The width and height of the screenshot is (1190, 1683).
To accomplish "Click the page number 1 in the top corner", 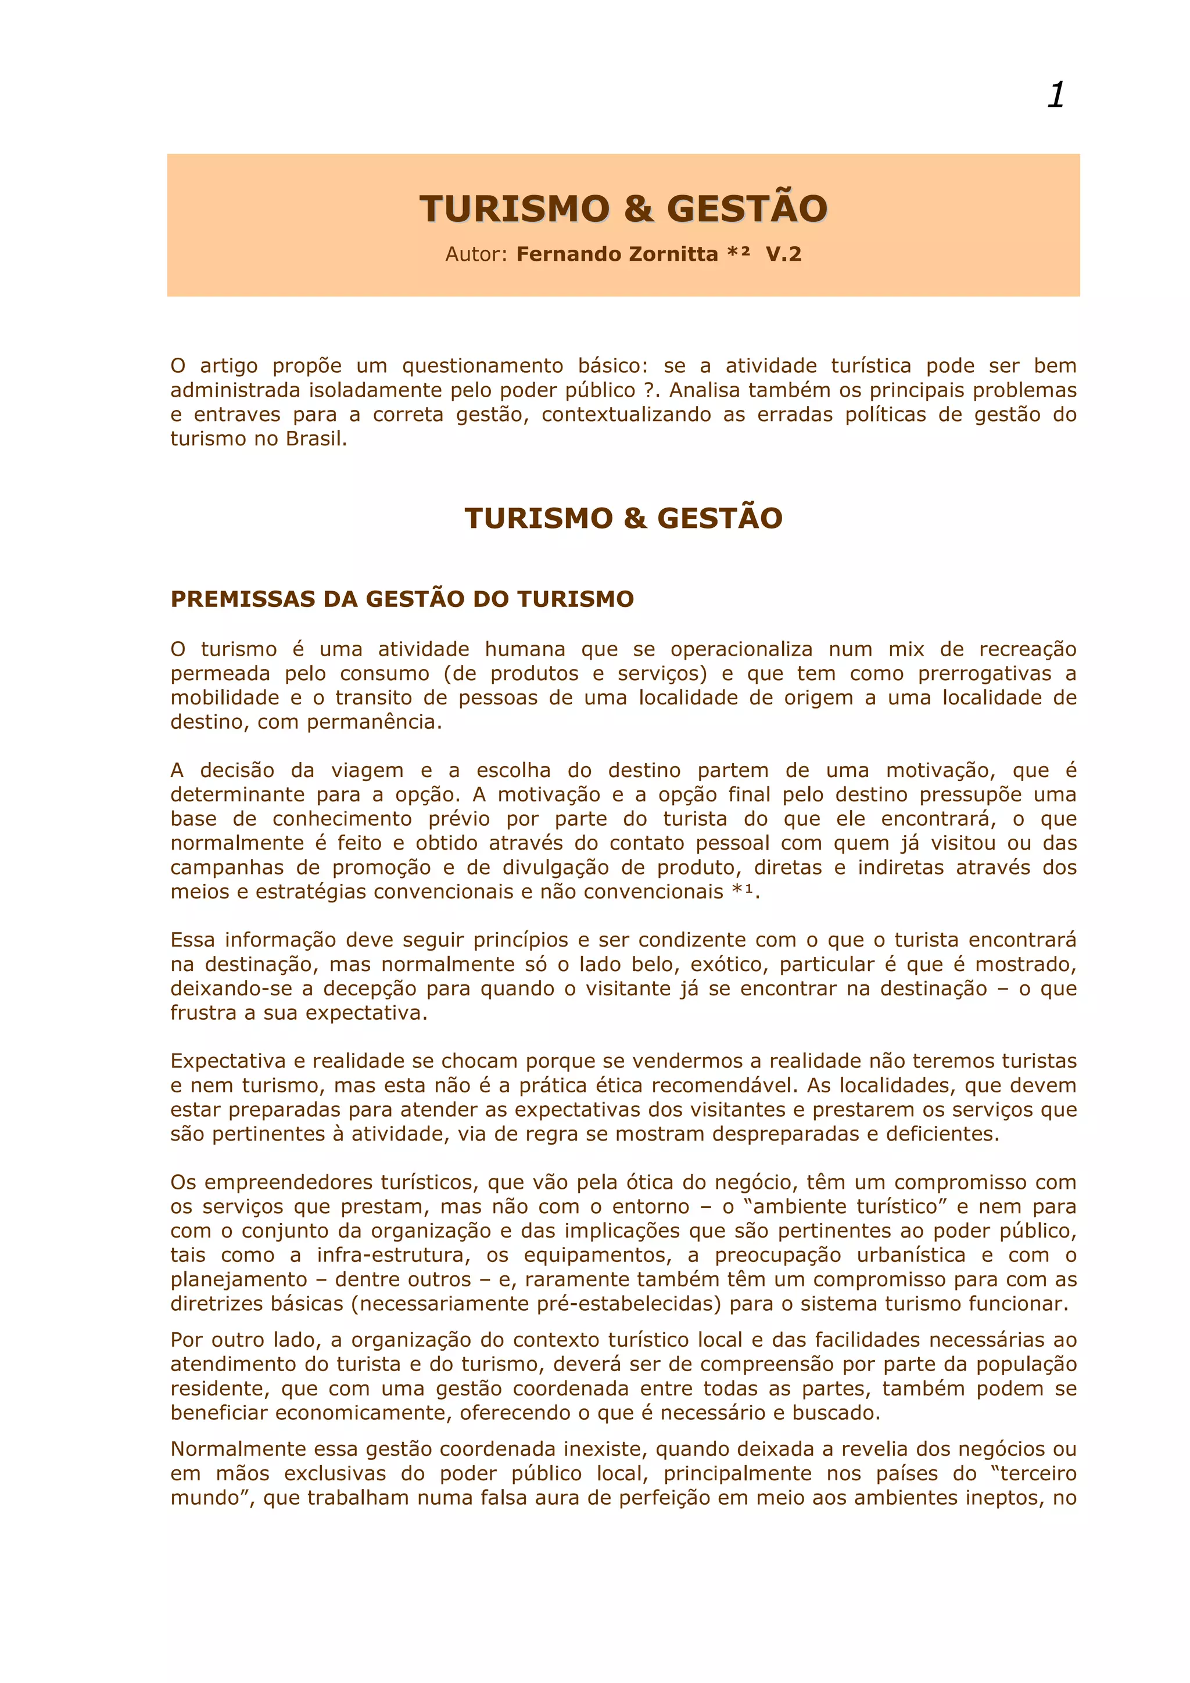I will pyautogui.click(x=1056, y=95).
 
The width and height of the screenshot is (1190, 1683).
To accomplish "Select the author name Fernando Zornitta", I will pyautogui.click(x=616, y=254).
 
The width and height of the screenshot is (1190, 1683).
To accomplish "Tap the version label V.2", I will pyautogui.click(x=783, y=254).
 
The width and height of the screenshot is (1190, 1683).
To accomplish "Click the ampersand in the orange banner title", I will pyautogui.click(x=639, y=209).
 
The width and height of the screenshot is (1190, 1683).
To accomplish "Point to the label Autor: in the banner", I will pyautogui.click(x=476, y=254).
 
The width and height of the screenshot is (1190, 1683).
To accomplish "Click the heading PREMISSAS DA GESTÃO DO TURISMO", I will pyautogui.click(x=402, y=599).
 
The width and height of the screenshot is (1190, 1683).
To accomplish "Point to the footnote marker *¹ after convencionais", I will pyautogui.click(x=742, y=892).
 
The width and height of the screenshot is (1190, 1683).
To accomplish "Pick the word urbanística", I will pyautogui.click(x=911, y=1256).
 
